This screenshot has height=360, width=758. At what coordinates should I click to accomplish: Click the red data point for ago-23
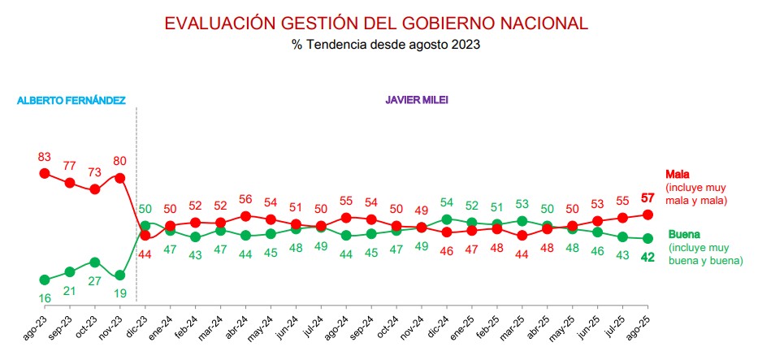click(x=45, y=173)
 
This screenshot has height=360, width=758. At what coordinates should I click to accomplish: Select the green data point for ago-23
click(x=45, y=280)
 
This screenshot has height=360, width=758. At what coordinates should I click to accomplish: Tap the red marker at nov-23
click(x=120, y=177)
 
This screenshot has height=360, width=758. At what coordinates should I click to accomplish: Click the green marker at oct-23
click(x=95, y=262)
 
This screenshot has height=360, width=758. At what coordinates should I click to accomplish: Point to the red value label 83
click(x=45, y=156)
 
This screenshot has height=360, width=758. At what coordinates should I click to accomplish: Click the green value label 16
click(x=45, y=298)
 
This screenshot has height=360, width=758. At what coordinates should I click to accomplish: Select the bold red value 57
click(x=648, y=197)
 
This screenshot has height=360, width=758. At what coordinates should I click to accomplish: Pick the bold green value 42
click(x=648, y=257)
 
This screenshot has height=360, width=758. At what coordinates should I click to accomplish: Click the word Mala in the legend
click(x=678, y=174)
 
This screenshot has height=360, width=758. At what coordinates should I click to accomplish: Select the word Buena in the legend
click(x=684, y=234)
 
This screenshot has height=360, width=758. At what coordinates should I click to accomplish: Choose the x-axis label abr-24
click(x=240, y=329)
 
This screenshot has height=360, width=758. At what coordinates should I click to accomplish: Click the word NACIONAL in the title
click(x=545, y=24)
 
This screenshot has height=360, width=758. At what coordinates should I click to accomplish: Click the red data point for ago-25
click(x=648, y=215)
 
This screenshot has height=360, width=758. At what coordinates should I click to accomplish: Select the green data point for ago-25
click(x=648, y=238)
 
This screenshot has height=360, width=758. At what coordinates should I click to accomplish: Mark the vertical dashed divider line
click(x=136, y=203)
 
